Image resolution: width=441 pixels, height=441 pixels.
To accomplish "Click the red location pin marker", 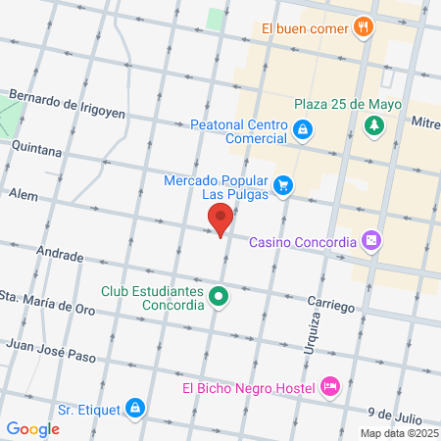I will pos(220,220).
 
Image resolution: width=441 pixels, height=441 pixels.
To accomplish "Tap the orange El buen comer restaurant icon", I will pos(364,27).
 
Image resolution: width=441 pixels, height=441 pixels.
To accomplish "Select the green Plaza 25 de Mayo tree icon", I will pos(373,124).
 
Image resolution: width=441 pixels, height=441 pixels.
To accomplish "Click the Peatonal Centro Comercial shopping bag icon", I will pos(304,128).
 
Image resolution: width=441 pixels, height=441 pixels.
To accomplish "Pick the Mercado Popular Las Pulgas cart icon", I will pos(283,183).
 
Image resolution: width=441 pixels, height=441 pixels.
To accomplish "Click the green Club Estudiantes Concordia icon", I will pos(220,296).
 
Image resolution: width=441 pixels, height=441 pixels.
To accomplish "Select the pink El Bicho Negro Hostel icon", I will pos(331,387).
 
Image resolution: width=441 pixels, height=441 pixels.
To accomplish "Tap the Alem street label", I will pos(23,195).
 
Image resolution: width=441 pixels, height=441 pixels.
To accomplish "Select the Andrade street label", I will pos(59,253).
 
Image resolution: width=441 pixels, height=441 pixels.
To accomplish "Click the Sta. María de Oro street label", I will pos(47,298).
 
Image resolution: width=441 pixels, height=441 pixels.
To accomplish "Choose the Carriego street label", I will pos(329,306).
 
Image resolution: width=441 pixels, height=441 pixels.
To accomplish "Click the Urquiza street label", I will pos(303,333).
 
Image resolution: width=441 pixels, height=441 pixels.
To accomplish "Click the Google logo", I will pos(32,428).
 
